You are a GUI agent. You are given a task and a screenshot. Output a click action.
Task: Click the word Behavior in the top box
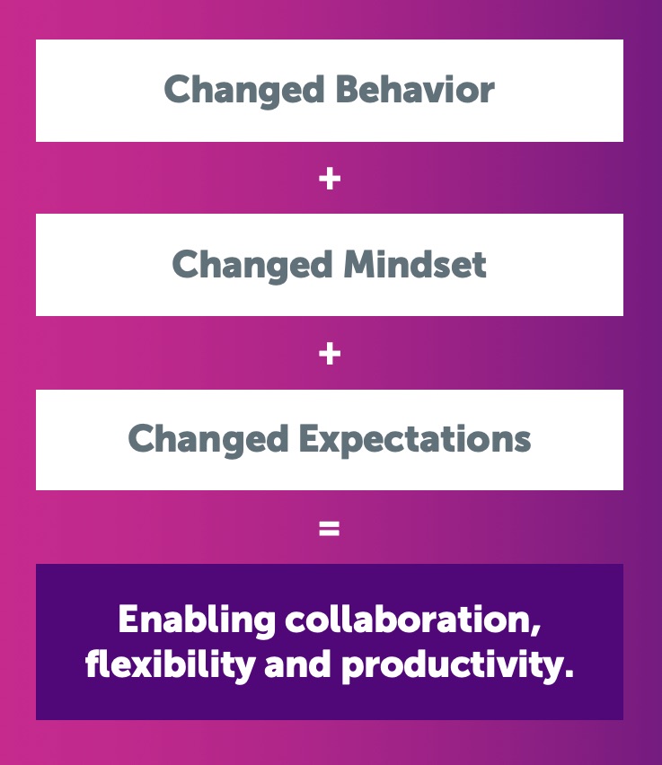pyautogui.click(x=415, y=89)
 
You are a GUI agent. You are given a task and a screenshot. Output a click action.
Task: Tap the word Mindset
pyautogui.click(x=415, y=264)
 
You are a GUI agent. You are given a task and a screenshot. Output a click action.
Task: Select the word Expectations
pyautogui.click(x=414, y=440)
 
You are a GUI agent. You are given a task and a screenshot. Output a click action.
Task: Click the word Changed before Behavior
pyautogui.click(x=244, y=91)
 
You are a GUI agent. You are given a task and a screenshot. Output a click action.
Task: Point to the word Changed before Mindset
pyautogui.click(x=252, y=266)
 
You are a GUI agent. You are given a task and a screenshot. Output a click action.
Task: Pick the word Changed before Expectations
pyautogui.click(x=208, y=441)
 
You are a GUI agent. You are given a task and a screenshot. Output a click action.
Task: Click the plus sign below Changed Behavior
pyautogui.click(x=330, y=179)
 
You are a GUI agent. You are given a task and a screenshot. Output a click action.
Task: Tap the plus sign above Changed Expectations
pyautogui.click(x=330, y=353)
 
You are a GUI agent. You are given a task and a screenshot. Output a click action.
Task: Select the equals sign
pyautogui.click(x=330, y=528)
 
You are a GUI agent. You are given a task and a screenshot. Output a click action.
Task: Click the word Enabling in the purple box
pyautogui.click(x=197, y=620)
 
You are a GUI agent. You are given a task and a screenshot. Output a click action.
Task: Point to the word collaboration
pyautogui.click(x=409, y=619)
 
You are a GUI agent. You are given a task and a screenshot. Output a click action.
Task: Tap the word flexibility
pyautogui.click(x=170, y=666)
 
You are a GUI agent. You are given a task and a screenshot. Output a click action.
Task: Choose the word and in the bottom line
pyautogui.click(x=296, y=664)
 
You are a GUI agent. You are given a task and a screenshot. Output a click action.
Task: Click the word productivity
pyautogui.click(x=452, y=666)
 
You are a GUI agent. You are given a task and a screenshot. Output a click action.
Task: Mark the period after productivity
pyautogui.click(x=569, y=673)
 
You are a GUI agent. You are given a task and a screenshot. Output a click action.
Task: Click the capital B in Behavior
pyautogui.click(x=348, y=89)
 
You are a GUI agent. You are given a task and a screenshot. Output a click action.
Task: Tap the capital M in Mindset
pyautogui.click(x=360, y=264)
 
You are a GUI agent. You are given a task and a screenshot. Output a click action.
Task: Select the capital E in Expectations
pyautogui.click(x=308, y=438)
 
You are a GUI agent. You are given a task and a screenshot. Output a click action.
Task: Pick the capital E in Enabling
pyautogui.click(x=128, y=619)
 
